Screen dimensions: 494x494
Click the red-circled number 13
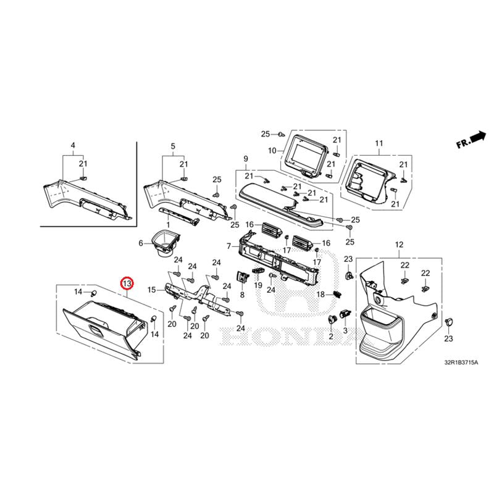127,283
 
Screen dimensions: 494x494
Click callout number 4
73,146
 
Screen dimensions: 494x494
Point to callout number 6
140,243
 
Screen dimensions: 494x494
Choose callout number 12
399,245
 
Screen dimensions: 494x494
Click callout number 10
272,151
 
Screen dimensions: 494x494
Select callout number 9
245,158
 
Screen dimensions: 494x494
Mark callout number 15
151,290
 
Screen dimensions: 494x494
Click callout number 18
321,295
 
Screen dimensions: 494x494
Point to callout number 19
259,285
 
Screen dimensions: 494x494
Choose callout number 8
242,295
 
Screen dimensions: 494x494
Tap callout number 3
346,332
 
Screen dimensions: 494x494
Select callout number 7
228,246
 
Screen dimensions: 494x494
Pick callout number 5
173,146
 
